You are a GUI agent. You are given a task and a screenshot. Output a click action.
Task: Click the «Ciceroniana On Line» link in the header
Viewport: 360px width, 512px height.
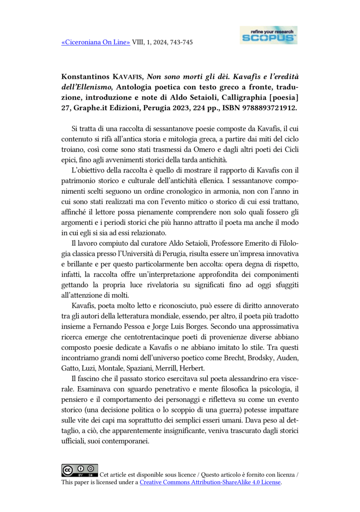pyautogui.click(x=95, y=43)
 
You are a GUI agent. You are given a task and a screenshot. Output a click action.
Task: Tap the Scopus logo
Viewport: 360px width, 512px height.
pyautogui.click(x=269, y=35)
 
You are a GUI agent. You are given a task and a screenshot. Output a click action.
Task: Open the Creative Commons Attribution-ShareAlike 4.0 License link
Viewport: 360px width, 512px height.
pyautogui.click(x=210, y=483)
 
